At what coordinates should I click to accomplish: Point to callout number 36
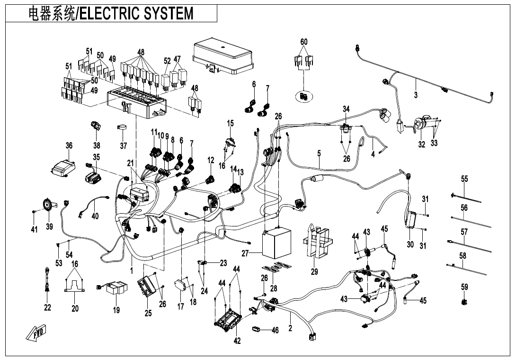(69, 145)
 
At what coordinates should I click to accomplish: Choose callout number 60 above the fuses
(304, 42)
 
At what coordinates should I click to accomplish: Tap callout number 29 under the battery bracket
(314, 271)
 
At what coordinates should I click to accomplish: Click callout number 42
(238, 341)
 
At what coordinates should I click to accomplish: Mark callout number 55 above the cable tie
(464, 179)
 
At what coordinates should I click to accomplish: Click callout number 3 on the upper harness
(416, 95)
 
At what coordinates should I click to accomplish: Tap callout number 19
(116, 310)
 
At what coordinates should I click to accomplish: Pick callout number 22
(47, 308)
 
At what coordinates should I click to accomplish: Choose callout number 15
(231, 124)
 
